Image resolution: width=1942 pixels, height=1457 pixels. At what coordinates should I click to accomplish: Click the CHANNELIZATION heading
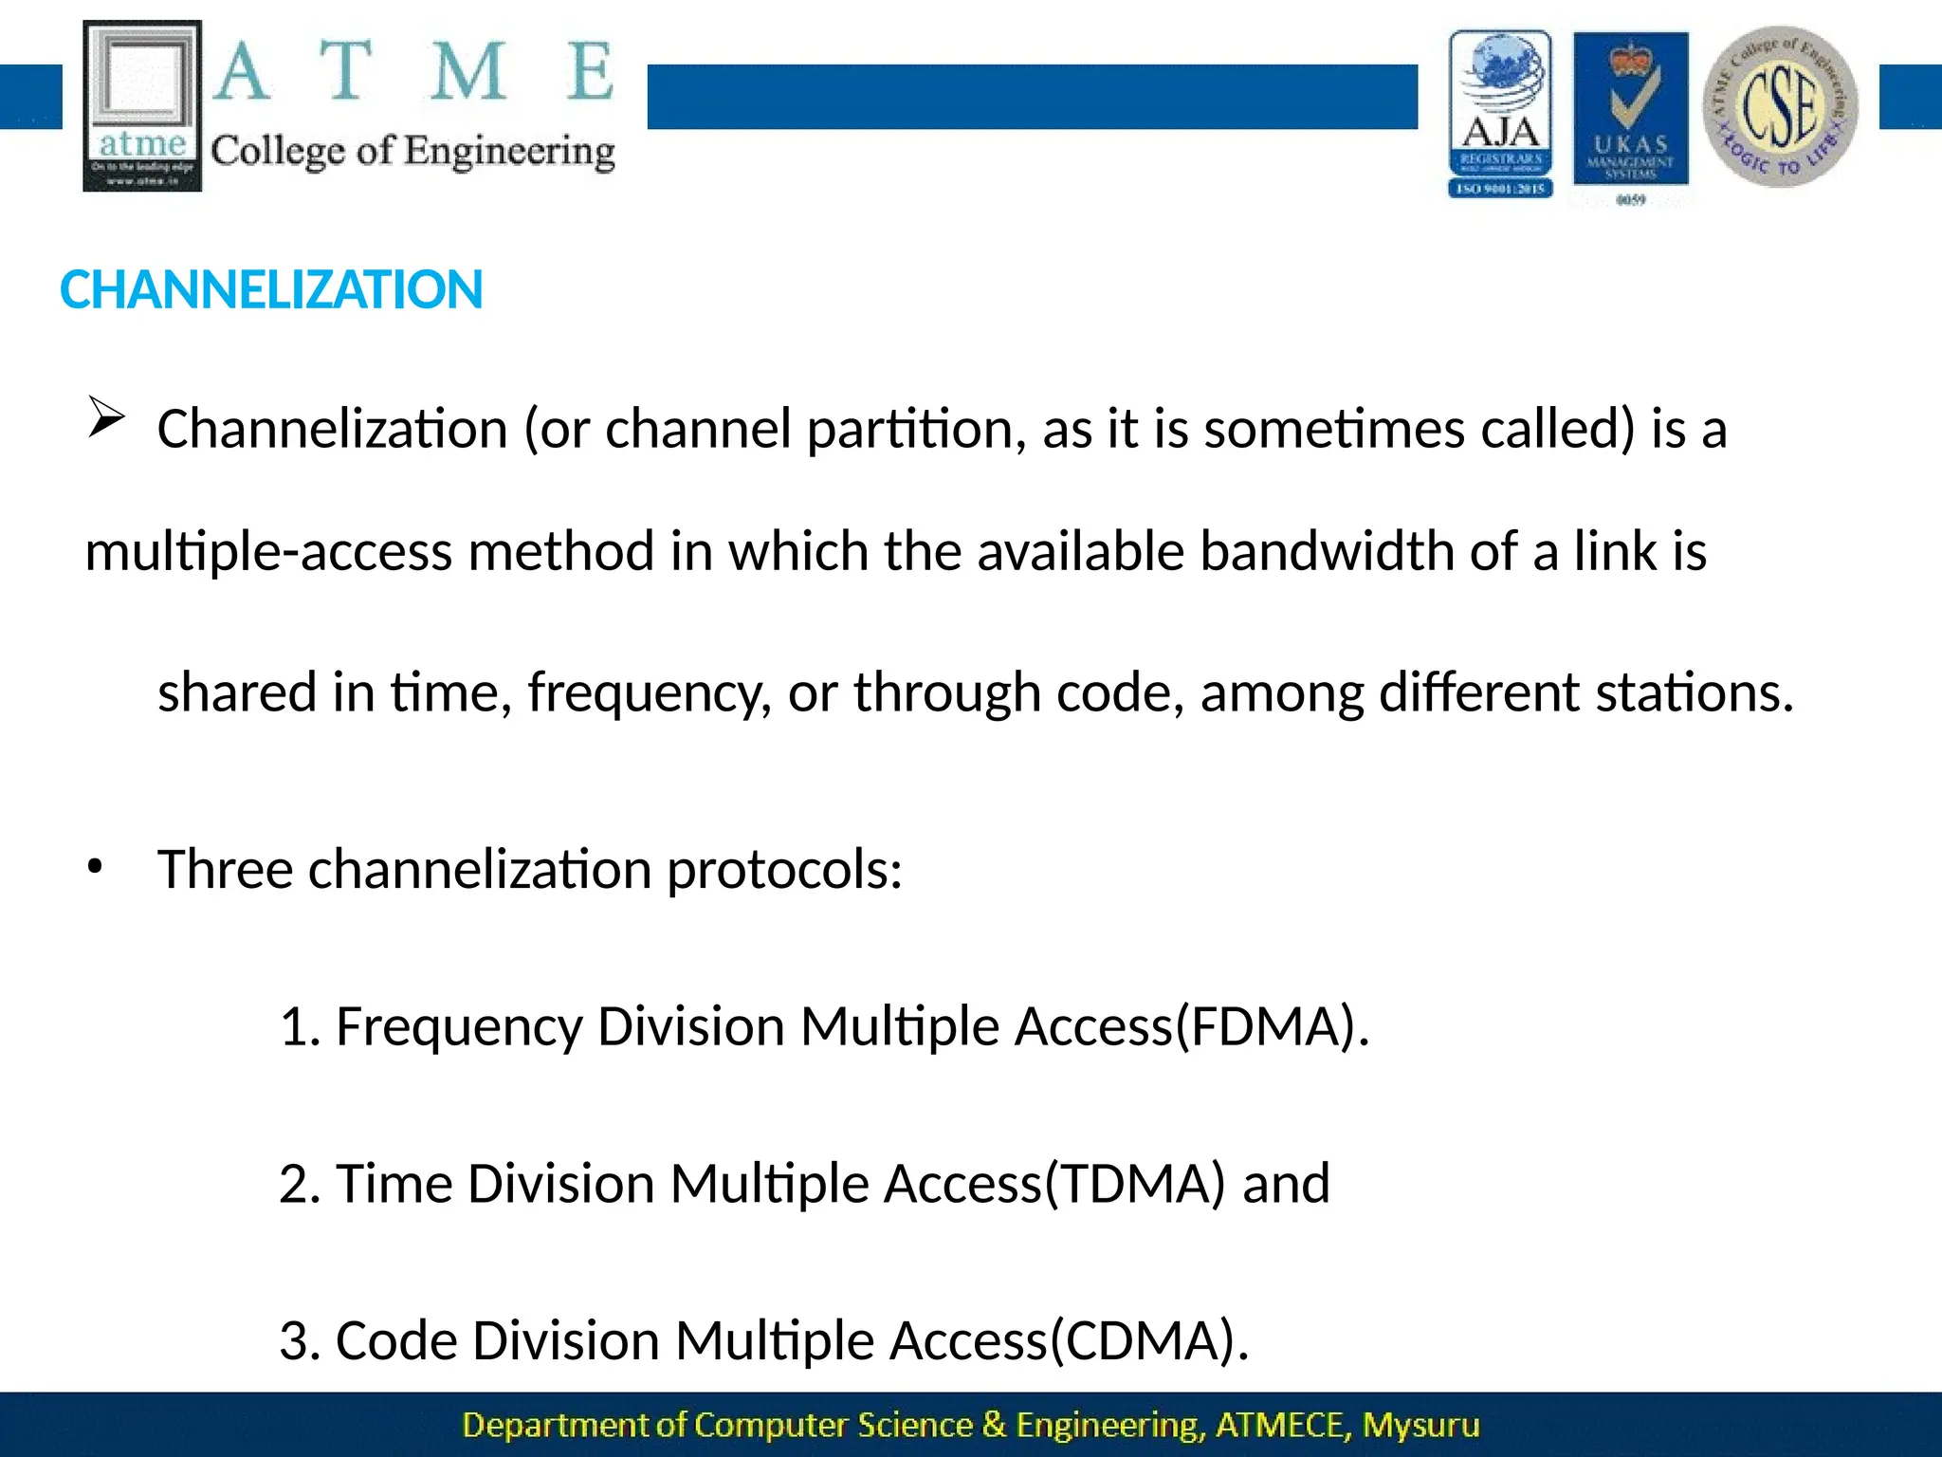[x=271, y=290]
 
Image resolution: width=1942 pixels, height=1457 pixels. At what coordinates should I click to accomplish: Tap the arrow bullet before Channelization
[x=106, y=417]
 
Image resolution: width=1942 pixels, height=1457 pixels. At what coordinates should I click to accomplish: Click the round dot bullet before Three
[x=94, y=866]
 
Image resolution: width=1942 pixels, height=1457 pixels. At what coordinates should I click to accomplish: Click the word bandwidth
[x=1327, y=552]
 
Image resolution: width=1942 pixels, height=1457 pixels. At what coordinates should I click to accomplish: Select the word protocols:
[x=784, y=870]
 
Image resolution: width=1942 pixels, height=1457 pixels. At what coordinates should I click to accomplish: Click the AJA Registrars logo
[x=1500, y=114]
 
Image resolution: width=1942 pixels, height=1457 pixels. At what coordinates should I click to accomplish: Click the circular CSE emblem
[x=1780, y=107]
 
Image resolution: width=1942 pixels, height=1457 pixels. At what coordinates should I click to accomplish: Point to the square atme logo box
[x=142, y=105]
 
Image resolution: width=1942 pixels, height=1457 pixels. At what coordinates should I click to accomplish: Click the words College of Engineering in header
[x=412, y=152]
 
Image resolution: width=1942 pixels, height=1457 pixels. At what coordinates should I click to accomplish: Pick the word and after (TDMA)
[x=1286, y=1185]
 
